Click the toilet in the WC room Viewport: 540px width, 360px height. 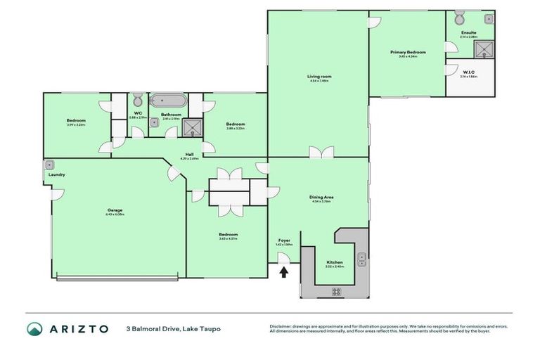[x=138, y=98]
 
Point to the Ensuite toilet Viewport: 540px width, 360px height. [x=460, y=18]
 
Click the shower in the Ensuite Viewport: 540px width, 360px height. [x=484, y=49]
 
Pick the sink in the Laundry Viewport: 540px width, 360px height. [x=50, y=165]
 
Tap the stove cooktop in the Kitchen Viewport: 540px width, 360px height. [x=336, y=291]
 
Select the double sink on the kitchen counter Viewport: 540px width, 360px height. [x=361, y=259]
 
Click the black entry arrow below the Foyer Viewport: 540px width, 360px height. [x=284, y=272]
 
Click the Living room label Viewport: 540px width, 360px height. [x=319, y=76]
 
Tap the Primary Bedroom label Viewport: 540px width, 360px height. [x=408, y=52]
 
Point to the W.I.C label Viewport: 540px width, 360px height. [x=469, y=72]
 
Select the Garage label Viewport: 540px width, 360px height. [x=115, y=210]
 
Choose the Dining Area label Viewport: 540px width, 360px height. [x=321, y=197]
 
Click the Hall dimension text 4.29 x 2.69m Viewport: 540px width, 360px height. [x=190, y=158]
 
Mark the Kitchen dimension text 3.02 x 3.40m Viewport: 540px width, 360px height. [x=334, y=266]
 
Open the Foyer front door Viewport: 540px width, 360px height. [x=284, y=259]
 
